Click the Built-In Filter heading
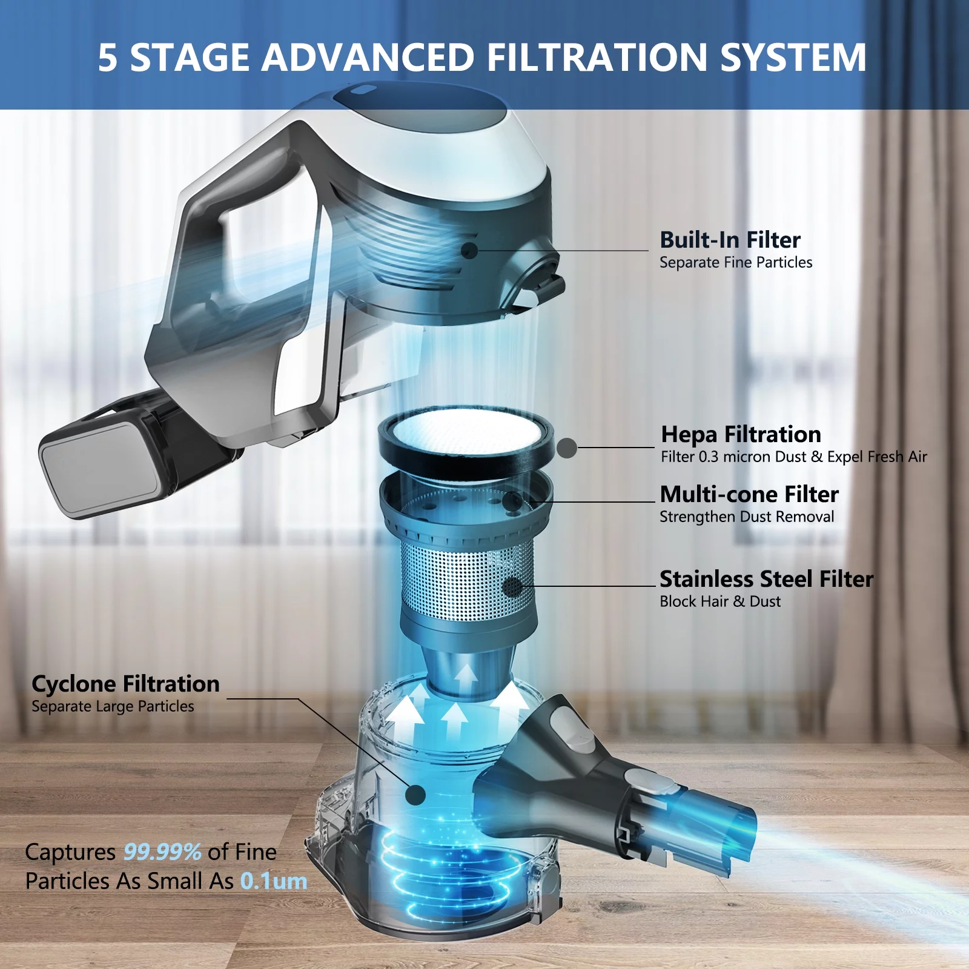coord(730,240)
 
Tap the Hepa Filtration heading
coord(741,435)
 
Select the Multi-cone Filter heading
coord(749,494)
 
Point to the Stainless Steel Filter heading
coord(766,579)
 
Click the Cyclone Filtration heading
coord(125,684)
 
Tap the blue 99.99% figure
coord(162,852)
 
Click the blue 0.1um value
coord(274,881)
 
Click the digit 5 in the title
coord(107,58)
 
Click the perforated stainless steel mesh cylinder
coord(468,580)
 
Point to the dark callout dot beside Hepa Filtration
coord(566,448)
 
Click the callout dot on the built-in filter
coord(469,250)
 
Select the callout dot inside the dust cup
coord(415,795)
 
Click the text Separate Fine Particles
coord(736,263)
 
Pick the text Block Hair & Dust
coord(720,601)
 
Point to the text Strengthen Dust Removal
coord(747,517)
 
